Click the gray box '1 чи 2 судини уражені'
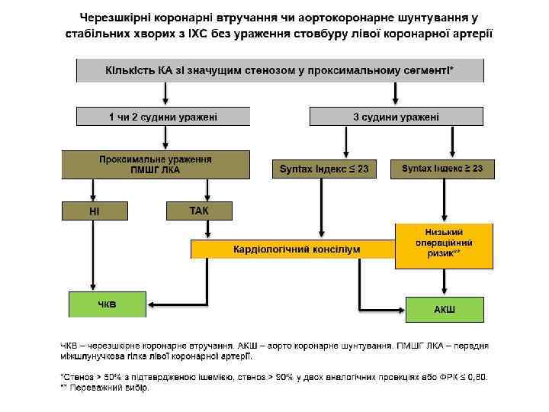162,117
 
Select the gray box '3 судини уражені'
396,117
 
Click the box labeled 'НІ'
95,210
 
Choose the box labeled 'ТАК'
199,210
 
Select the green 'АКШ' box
445,309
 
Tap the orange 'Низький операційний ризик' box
443,244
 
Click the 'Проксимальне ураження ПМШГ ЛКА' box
156,165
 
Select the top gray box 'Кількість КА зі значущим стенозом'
279,70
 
